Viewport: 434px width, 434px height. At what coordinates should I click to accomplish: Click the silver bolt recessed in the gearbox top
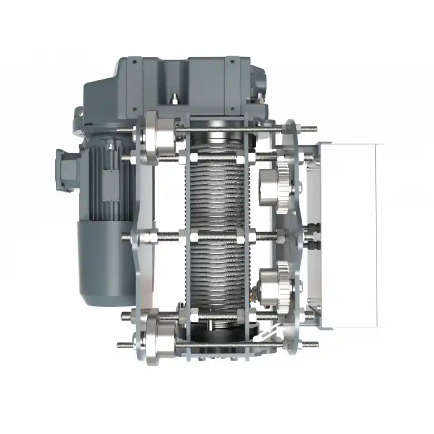[175, 99]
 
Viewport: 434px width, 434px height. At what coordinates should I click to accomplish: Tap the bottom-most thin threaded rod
[217, 344]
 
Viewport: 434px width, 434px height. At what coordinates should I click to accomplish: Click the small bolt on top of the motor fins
[111, 145]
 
